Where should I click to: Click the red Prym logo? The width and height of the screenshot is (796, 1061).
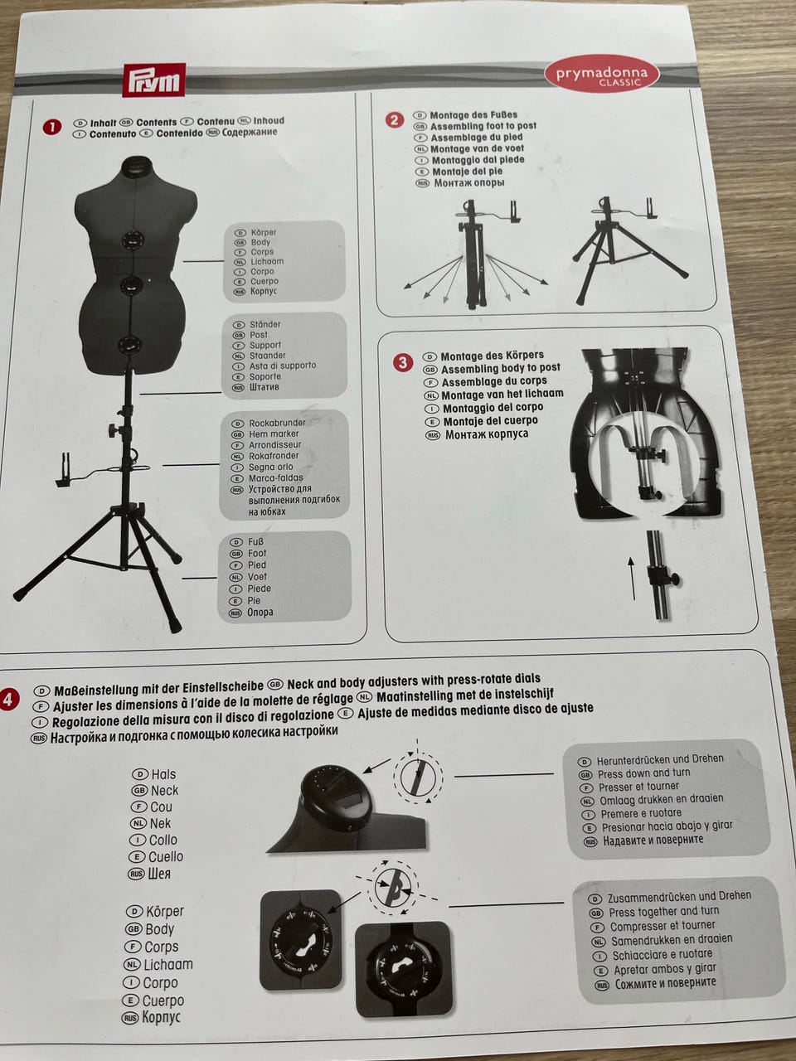[x=153, y=80]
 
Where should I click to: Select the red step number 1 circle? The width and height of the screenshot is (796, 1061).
[x=52, y=127]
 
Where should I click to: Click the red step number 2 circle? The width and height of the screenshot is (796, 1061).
[x=395, y=120]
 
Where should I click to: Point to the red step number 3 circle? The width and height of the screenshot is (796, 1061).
[x=403, y=362]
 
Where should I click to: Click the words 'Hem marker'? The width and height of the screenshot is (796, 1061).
[x=274, y=434]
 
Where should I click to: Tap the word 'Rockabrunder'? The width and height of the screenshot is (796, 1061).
[x=278, y=423]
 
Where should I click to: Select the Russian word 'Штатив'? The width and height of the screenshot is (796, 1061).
[x=264, y=387]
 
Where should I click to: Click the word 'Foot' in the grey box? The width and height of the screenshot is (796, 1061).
[x=257, y=554]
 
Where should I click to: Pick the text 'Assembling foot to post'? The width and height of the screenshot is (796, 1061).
[x=483, y=126]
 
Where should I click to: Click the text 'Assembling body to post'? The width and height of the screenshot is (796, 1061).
[x=501, y=368]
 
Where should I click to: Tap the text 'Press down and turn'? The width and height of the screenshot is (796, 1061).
[x=643, y=773]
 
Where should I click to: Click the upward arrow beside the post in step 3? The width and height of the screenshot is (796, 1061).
[x=632, y=579]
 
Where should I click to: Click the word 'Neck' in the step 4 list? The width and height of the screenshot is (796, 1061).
[x=165, y=791]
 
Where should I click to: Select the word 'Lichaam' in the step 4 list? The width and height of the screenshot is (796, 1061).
[x=168, y=964]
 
